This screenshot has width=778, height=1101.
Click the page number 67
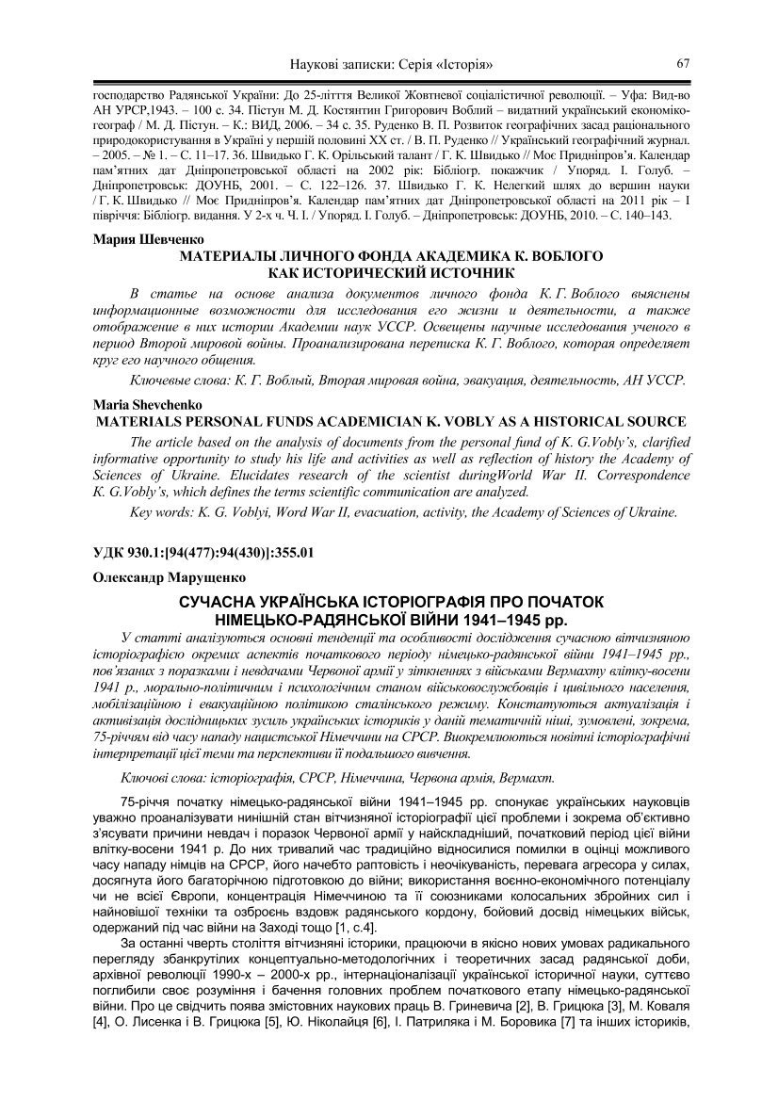coord(684,64)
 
